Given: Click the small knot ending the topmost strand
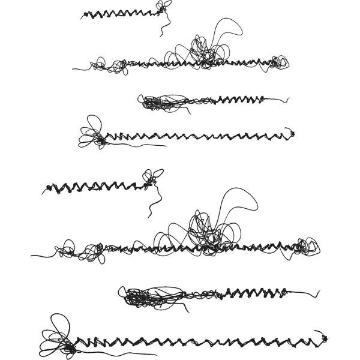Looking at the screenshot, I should click(161, 7).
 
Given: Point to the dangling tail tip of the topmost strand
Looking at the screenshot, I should click(160, 35).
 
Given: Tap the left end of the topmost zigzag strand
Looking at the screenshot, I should click(83, 16).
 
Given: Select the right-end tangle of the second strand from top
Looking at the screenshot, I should click(279, 61).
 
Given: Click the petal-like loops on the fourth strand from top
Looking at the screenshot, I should click(91, 133).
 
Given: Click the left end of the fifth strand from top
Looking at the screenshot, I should click(43, 192).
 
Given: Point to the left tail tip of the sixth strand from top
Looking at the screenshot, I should click(32, 256).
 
